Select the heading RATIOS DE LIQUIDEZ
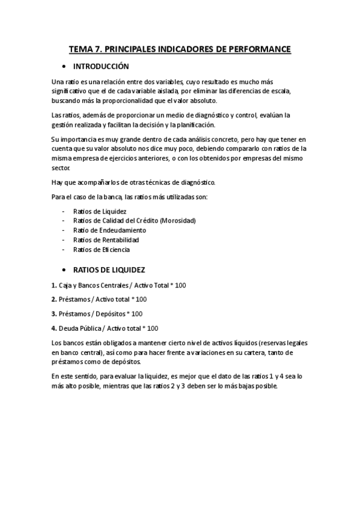(x=109, y=270)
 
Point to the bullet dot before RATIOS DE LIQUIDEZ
(x=63, y=270)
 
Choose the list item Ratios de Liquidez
(x=99, y=211)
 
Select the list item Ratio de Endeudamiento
(x=109, y=230)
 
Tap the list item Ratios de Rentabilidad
(x=106, y=240)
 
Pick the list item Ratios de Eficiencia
(x=102, y=250)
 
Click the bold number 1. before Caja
(x=54, y=285)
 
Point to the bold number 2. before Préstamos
(x=54, y=299)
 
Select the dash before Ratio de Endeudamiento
(x=64, y=230)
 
